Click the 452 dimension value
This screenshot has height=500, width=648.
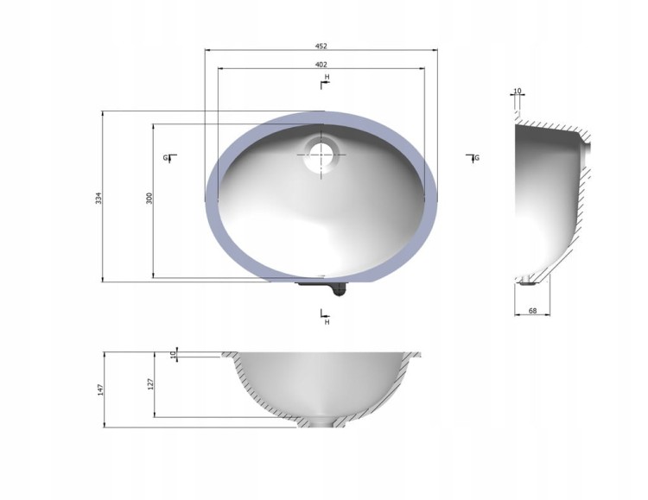click(321, 46)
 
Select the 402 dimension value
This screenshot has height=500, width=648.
click(321, 65)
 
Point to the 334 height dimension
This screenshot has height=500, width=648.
click(98, 198)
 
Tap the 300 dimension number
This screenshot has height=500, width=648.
click(149, 198)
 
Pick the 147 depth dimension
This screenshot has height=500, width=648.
click(100, 389)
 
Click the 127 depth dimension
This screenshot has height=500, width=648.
click(150, 384)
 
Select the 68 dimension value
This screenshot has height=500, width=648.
click(533, 311)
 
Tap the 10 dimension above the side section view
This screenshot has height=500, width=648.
click(518, 91)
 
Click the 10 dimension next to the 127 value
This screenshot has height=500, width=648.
click(174, 353)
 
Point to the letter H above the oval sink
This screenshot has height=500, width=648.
click(327, 77)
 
